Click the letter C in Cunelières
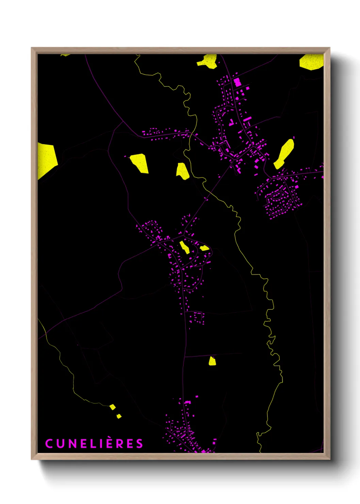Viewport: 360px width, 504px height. (x=49, y=444)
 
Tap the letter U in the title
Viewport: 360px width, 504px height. (x=60, y=444)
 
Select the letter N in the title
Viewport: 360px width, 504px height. (x=72, y=444)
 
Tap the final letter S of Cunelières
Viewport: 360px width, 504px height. (x=140, y=444)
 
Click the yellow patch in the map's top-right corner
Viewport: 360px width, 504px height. (x=311, y=62)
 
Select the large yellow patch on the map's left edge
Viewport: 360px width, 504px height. (x=46, y=159)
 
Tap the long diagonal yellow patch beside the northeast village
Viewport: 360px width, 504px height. (x=284, y=154)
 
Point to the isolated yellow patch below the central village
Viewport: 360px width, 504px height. (x=212, y=361)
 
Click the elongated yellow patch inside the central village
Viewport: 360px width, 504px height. (x=185, y=248)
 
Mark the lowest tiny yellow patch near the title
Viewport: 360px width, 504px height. (x=119, y=416)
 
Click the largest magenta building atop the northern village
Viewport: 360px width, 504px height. (x=237, y=82)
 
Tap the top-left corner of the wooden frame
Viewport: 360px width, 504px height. (x=32, y=48)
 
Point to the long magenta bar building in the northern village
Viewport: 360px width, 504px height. (x=247, y=119)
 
